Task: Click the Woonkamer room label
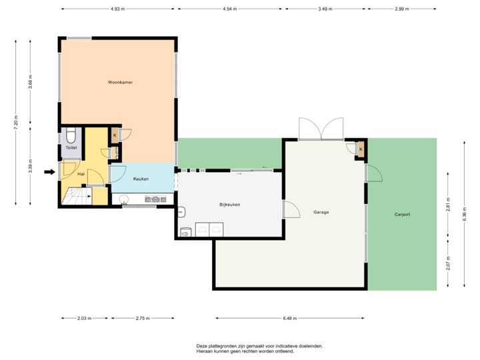point(120,83)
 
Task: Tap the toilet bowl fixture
point(71,138)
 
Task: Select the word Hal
point(81,173)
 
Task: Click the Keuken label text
point(141,179)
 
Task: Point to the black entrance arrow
point(49,172)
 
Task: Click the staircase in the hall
point(76,196)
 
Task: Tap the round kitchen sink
point(123,198)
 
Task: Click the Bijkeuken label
point(229,204)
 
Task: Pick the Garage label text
point(321,212)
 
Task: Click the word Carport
point(402,214)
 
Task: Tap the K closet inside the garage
point(361,149)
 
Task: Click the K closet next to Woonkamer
point(115,135)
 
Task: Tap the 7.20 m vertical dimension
point(16,121)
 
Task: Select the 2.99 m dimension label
point(402,9)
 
